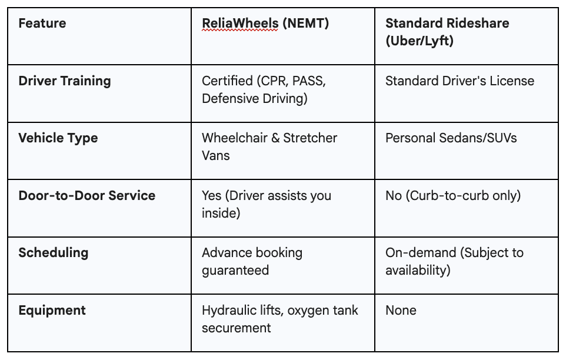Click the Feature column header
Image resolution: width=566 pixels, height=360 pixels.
[x=42, y=24]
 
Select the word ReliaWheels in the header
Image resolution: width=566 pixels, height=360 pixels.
[x=239, y=24]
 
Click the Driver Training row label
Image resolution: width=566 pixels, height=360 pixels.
[x=65, y=81]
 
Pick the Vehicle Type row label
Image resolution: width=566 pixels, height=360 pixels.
[x=58, y=138]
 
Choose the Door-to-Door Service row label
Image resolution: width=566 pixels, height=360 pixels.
[x=87, y=195]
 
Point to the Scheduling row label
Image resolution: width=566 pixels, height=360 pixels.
[x=54, y=253]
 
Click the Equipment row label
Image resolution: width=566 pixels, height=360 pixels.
[x=52, y=310]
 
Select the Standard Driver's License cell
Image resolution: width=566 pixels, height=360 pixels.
[x=460, y=81]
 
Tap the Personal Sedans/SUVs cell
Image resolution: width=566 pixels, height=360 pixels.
[x=451, y=138]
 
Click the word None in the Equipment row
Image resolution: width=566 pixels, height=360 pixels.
[x=401, y=310]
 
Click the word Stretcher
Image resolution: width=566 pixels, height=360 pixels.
[x=310, y=138]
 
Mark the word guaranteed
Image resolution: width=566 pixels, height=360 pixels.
[x=235, y=271]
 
